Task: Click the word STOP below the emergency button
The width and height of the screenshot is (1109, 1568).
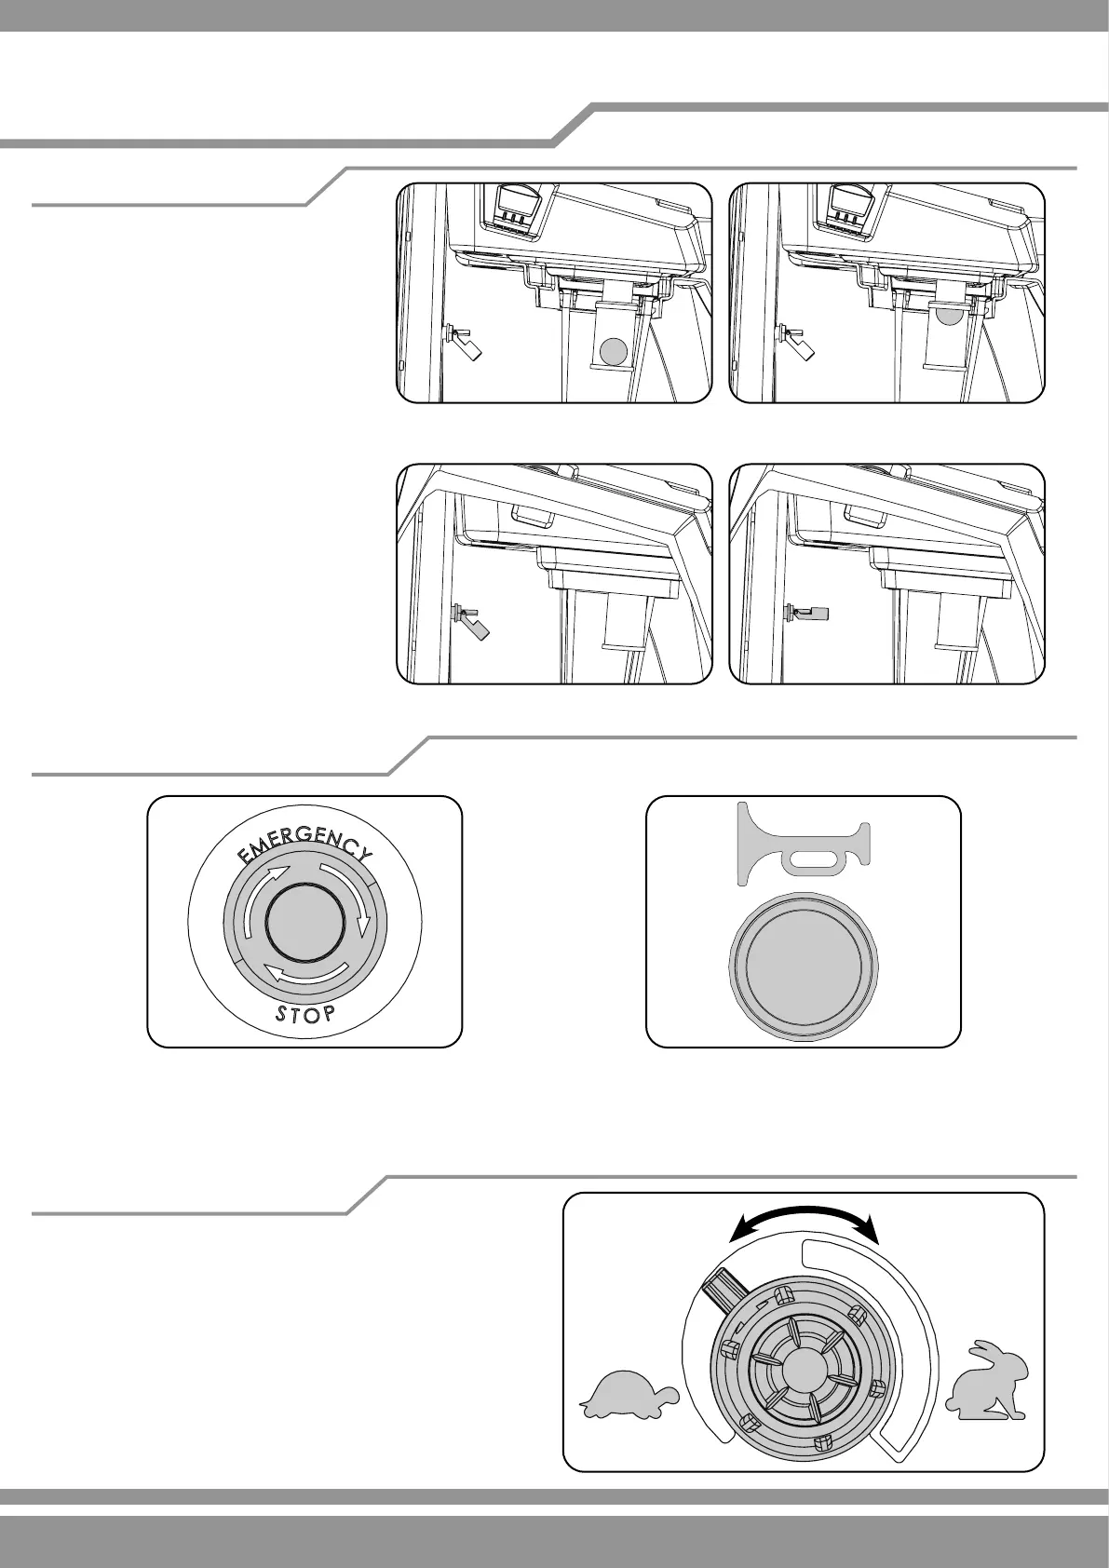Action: [x=304, y=1014]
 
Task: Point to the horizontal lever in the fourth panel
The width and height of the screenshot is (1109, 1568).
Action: [x=809, y=613]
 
